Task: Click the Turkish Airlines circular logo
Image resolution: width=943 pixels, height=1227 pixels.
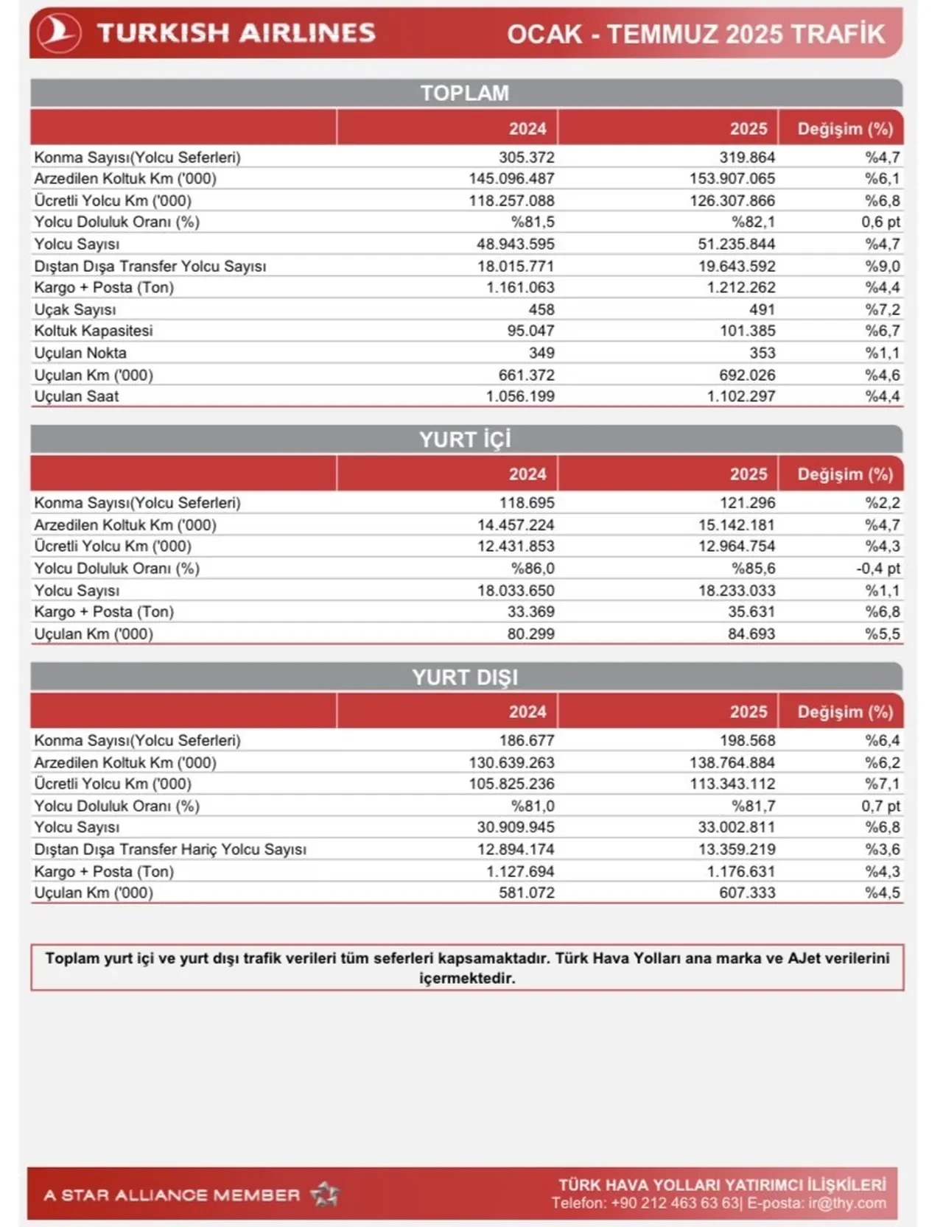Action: [58, 33]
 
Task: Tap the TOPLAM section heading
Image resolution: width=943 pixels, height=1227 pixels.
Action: [465, 93]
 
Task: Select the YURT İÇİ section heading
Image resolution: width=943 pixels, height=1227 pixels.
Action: [465, 439]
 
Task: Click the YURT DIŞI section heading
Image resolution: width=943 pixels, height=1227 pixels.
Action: [465, 677]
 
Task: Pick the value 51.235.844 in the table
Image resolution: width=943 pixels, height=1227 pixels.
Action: [737, 244]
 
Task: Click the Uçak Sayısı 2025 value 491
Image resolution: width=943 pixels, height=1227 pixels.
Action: [762, 309]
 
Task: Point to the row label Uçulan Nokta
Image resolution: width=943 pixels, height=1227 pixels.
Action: [80, 353]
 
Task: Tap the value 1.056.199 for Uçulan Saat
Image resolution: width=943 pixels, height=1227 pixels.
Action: [520, 396]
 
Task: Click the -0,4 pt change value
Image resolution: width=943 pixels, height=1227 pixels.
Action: [877, 568]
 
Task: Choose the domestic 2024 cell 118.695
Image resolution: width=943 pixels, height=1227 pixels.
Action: [527, 503]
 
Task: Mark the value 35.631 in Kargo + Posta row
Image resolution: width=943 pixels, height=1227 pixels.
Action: [751, 611]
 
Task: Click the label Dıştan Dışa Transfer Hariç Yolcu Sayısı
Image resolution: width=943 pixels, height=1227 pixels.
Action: [170, 849]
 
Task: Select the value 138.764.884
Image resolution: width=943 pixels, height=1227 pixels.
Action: [732, 762]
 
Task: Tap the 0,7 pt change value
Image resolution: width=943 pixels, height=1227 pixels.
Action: [880, 806]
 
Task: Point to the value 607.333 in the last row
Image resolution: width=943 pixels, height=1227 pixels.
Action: [747, 893]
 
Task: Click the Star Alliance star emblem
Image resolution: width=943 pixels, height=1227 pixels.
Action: [325, 1194]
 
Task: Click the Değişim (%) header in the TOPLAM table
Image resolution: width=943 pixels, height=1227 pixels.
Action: [844, 129]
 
